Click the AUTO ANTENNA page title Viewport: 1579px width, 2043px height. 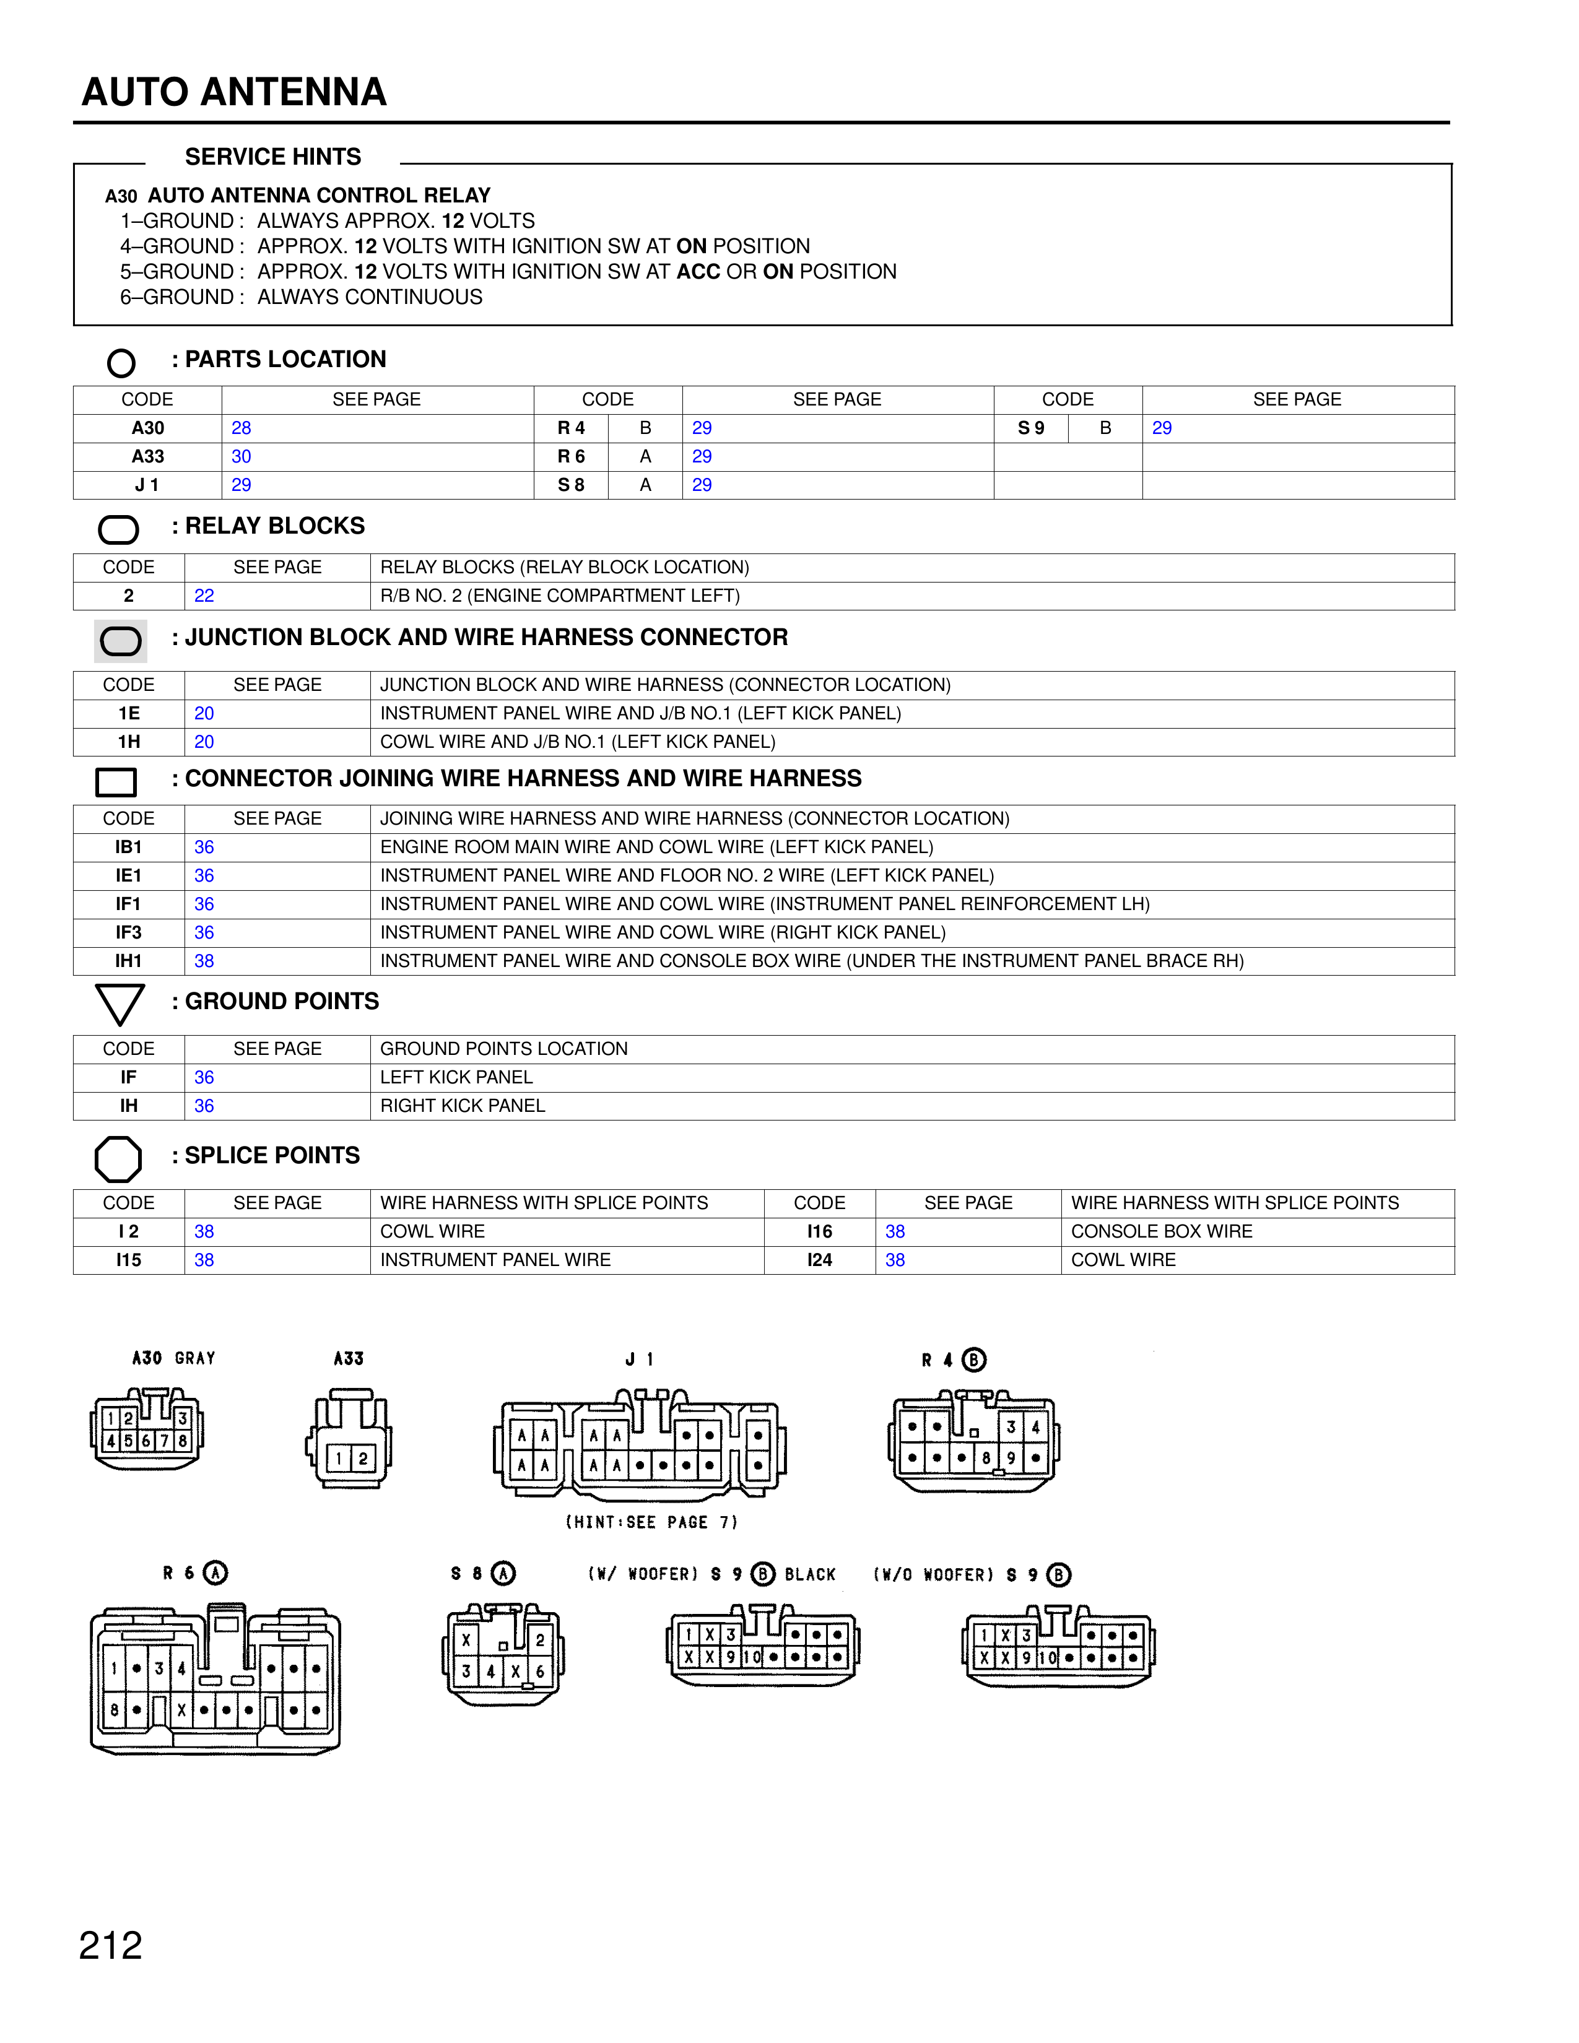coord(234,92)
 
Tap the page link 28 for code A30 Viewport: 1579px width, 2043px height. coord(241,428)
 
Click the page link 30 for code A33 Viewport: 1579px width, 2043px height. coord(241,456)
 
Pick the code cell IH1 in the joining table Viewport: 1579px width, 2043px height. coord(129,961)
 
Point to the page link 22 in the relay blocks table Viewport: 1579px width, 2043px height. coord(204,596)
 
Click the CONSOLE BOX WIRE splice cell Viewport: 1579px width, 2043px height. coord(1161,1231)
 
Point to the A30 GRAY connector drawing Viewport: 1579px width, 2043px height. coord(147,1430)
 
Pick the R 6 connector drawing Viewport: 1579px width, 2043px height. coord(215,1679)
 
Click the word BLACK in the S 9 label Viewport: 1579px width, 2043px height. coord(810,1574)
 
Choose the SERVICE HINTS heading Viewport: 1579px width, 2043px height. coord(272,156)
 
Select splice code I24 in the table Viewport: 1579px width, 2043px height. coord(819,1260)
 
